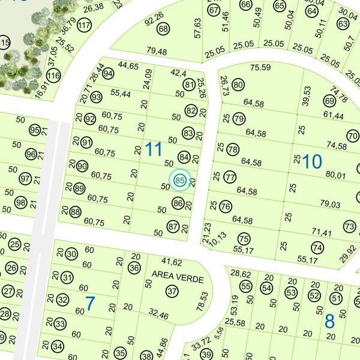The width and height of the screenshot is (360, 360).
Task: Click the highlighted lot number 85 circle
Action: [179, 179]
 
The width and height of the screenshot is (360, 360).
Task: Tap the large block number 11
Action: [154, 149]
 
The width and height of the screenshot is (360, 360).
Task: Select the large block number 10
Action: [312, 161]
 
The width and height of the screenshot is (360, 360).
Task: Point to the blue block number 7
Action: [89, 304]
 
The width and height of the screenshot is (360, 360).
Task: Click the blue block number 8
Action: [329, 321]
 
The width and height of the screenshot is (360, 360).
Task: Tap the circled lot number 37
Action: [172, 292]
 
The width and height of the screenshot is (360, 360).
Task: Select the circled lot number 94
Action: [108, 73]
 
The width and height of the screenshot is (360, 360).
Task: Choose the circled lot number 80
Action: [238, 85]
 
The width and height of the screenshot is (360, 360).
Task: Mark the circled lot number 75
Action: [243, 238]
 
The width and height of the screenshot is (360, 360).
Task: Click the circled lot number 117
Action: [84, 25]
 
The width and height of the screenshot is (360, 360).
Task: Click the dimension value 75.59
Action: [260, 67]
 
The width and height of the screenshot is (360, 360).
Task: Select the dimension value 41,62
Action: [172, 262]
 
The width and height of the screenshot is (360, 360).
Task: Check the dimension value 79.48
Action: [156, 52]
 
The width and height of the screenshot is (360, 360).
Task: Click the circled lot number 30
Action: [71, 254]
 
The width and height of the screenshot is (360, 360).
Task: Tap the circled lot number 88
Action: [75, 211]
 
